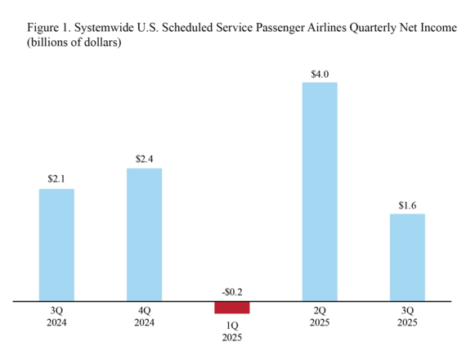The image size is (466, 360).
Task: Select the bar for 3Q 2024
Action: pos(56,245)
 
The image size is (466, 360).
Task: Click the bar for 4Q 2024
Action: pos(144,235)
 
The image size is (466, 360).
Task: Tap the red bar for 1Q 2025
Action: pos(231,308)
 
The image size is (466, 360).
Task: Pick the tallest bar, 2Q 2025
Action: pos(320,192)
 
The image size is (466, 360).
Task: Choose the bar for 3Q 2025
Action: pos(407,258)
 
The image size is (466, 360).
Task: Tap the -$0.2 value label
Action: pos(231,290)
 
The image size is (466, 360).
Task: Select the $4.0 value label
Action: pos(320,74)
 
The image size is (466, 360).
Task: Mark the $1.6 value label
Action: pos(407,205)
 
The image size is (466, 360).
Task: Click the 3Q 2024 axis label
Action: pos(56,316)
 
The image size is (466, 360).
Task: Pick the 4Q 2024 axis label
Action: pos(144,316)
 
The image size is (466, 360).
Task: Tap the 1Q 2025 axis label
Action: pos(231,331)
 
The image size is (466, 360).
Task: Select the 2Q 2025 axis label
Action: pos(320,316)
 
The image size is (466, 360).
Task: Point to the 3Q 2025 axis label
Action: pos(407,316)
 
